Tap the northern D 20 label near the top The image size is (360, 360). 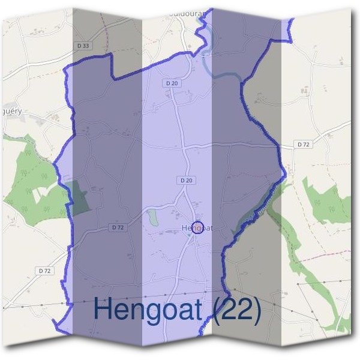tap(172, 83)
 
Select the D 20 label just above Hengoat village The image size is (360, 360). tap(185, 180)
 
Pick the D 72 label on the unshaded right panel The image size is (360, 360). tap(304, 145)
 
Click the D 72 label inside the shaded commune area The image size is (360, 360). tap(118, 227)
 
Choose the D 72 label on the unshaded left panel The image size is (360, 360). tap(44, 271)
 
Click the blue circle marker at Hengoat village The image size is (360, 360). tap(200, 227)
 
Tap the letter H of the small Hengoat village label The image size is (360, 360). tap(184, 228)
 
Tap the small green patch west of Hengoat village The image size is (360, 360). tap(153, 217)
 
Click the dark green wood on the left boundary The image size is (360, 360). tap(79, 195)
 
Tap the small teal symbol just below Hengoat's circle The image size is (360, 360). tap(190, 236)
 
